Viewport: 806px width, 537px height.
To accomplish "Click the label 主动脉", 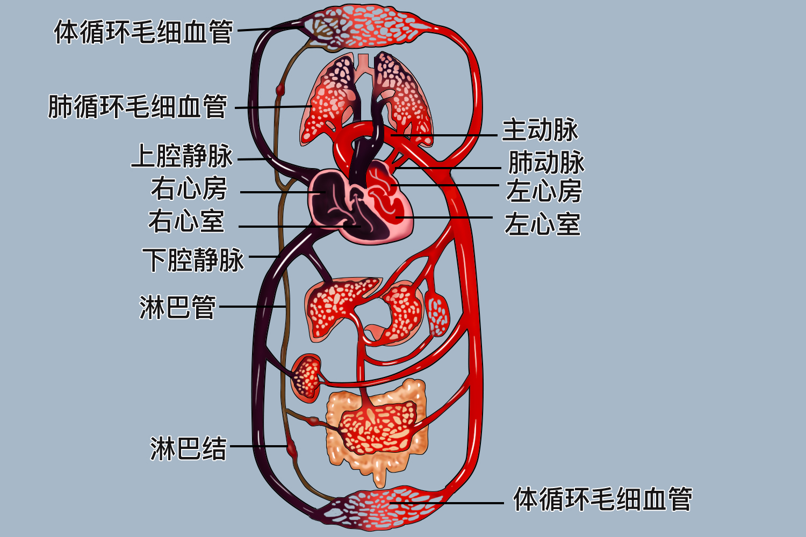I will click(x=539, y=130).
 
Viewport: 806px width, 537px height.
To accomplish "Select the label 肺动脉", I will click(x=546, y=162).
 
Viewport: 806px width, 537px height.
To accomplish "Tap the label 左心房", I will click(x=544, y=191).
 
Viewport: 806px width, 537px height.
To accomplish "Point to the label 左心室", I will click(x=542, y=224).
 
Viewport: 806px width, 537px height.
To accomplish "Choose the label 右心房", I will click(x=189, y=188).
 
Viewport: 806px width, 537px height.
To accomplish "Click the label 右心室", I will click(x=186, y=221).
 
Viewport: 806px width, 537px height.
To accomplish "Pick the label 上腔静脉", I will click(x=182, y=156).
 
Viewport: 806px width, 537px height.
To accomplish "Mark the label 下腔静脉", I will click(x=193, y=260).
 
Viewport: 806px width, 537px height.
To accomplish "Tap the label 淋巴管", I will click(x=177, y=307).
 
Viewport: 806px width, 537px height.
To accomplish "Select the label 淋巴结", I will click(x=188, y=448).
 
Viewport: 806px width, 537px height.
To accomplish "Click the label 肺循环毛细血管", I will click(x=138, y=106).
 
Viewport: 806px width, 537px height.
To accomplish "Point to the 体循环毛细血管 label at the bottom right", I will click(x=602, y=499).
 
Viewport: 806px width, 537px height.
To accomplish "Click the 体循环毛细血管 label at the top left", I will click(x=143, y=32).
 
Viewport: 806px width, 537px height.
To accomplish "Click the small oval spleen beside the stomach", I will click(x=437, y=313).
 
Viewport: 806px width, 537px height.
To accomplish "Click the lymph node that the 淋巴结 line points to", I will click(x=291, y=447).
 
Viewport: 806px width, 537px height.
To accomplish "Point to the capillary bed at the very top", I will click(x=371, y=27).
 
